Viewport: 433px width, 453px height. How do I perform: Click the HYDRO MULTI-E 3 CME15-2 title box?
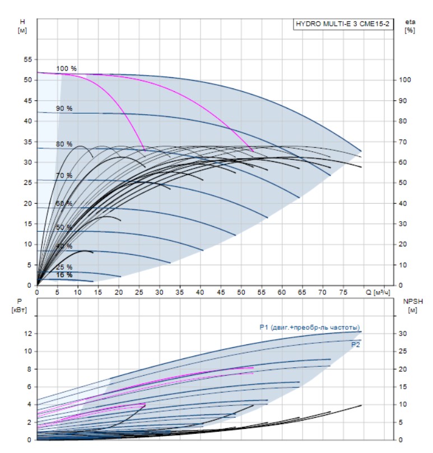[342, 24]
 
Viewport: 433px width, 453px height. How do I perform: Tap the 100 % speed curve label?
[66, 68]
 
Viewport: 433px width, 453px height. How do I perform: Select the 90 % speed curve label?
[64, 108]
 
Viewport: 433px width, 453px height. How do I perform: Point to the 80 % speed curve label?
[64, 144]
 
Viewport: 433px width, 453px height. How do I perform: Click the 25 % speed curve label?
[64, 267]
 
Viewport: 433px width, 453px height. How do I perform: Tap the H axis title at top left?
[23, 25]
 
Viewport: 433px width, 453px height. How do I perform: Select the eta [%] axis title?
[409, 26]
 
